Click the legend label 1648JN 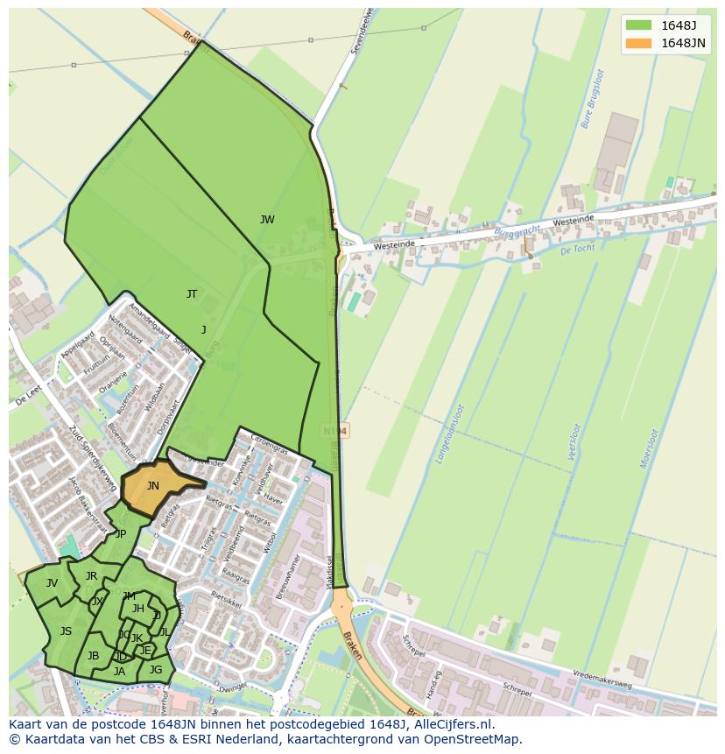pos(683,44)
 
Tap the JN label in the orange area pos(152,486)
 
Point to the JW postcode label pos(267,220)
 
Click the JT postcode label pos(192,294)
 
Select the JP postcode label pos(121,534)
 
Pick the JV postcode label pos(52,583)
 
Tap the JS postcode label pos(66,631)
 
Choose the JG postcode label pos(156,670)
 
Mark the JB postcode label pos(93,656)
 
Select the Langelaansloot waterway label pos(455,433)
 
